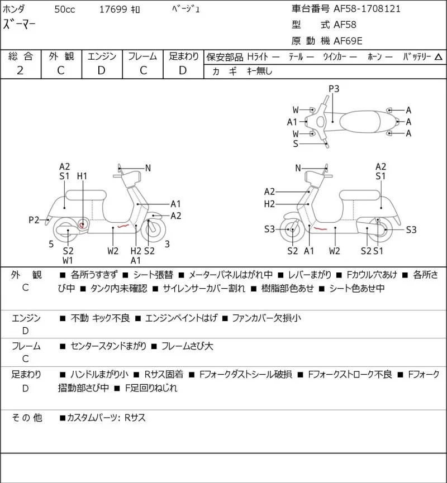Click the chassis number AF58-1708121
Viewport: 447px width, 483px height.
coord(367,8)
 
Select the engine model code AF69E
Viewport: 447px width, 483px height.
coord(348,41)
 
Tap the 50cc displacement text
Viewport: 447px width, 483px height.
coord(65,9)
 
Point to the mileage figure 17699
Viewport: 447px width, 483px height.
coord(113,9)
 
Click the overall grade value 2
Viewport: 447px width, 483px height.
coord(20,70)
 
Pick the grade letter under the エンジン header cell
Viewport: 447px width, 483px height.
coord(102,70)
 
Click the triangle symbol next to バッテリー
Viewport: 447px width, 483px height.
coord(439,57)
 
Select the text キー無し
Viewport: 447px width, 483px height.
coord(260,71)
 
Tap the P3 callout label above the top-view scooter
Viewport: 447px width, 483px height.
coord(334,89)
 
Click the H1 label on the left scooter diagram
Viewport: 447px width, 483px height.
coord(82,176)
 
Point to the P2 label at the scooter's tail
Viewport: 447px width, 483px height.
coord(34,220)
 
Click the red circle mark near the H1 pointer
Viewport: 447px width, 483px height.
coord(82,225)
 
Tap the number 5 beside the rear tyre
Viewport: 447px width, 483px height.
coord(51,244)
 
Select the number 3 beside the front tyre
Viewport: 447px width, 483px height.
coord(167,244)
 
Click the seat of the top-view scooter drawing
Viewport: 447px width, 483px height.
coord(360,121)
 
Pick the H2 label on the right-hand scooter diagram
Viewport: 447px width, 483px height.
coord(269,204)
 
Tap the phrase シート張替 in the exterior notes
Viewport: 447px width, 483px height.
coord(153,275)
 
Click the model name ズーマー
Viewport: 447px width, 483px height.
coord(19,25)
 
